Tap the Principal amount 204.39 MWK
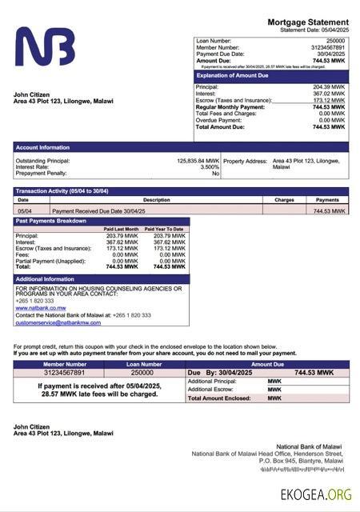tap(329, 86)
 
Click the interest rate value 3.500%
tap(210, 167)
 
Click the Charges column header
tap(284, 200)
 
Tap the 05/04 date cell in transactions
tap(25, 210)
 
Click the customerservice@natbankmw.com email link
tap(58, 322)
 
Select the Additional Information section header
tap(45, 278)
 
